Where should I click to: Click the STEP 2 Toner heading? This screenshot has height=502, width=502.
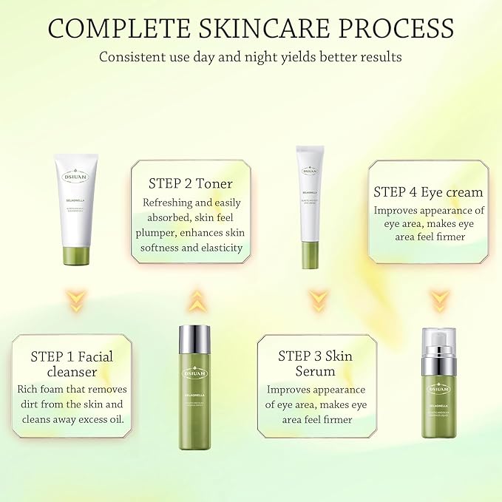191,183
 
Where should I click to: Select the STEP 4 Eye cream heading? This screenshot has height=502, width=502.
428,192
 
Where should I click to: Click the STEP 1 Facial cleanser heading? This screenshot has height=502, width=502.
72,363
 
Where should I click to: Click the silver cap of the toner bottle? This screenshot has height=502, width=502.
194,341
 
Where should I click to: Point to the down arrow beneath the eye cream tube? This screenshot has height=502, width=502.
317,299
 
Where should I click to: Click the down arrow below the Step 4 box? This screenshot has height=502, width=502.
440,299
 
